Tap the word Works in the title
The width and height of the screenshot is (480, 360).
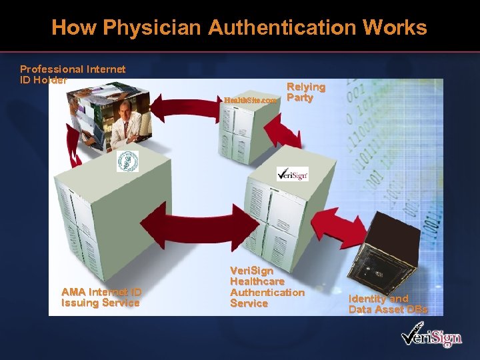[x=398, y=28]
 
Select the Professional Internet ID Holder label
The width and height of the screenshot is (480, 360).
[x=72, y=74]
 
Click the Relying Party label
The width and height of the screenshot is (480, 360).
[x=305, y=92]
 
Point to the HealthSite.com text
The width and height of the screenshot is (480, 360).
[x=250, y=100]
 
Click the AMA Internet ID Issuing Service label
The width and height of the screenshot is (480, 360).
[x=101, y=297]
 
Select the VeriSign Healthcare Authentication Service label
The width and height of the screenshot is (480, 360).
[x=267, y=287]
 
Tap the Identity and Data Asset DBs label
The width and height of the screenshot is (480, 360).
[x=387, y=304]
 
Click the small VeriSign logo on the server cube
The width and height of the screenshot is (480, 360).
[x=292, y=175]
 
